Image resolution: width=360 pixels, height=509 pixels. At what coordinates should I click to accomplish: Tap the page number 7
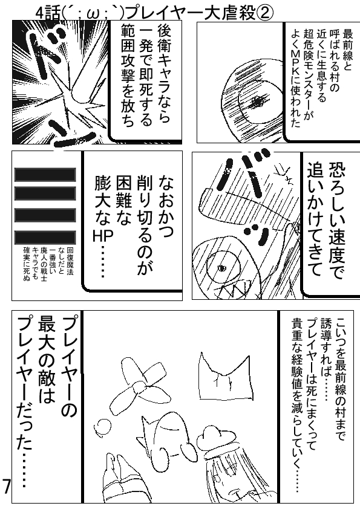coord(6,486)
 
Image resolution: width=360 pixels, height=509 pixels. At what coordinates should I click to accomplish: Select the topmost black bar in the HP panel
coord(45,175)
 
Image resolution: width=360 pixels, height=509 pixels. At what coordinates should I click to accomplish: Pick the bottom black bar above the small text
coord(45,238)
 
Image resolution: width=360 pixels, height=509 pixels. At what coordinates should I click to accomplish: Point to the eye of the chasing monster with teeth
coord(223,268)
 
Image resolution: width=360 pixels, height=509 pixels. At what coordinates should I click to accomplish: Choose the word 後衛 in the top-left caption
coord(164,39)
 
